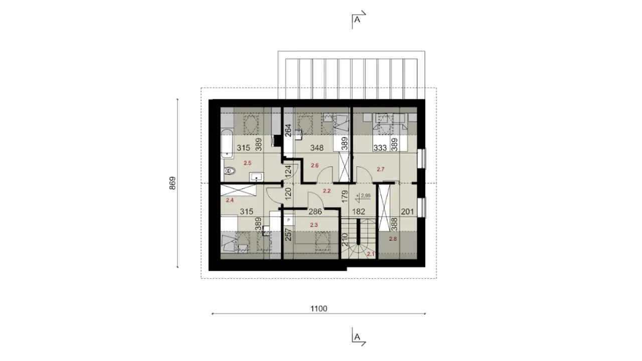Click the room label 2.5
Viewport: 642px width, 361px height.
pos(247,163)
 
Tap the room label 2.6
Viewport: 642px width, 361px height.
pos(314,165)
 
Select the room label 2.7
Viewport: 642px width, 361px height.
pos(380,169)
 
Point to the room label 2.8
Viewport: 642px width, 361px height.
pos(393,239)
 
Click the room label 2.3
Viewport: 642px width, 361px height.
pos(314,225)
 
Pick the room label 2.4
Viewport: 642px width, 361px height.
pos(230,200)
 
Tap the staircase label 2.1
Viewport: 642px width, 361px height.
pos(371,254)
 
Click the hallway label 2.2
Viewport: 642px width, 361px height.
pos(327,191)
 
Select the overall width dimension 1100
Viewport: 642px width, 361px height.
pos(318,308)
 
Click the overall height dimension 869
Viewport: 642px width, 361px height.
pos(172,183)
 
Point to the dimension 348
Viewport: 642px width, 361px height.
pos(316,148)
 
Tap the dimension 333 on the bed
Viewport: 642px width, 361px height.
pos(380,148)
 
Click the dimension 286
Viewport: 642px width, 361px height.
pos(314,212)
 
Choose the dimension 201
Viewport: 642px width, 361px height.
pos(407,212)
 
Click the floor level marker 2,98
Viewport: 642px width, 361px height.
pos(366,196)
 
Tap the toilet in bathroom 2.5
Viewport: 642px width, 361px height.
pos(230,171)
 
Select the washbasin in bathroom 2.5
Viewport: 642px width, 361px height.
pos(256,177)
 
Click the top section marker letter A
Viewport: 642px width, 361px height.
pos(357,20)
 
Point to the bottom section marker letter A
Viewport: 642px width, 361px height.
pos(357,337)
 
